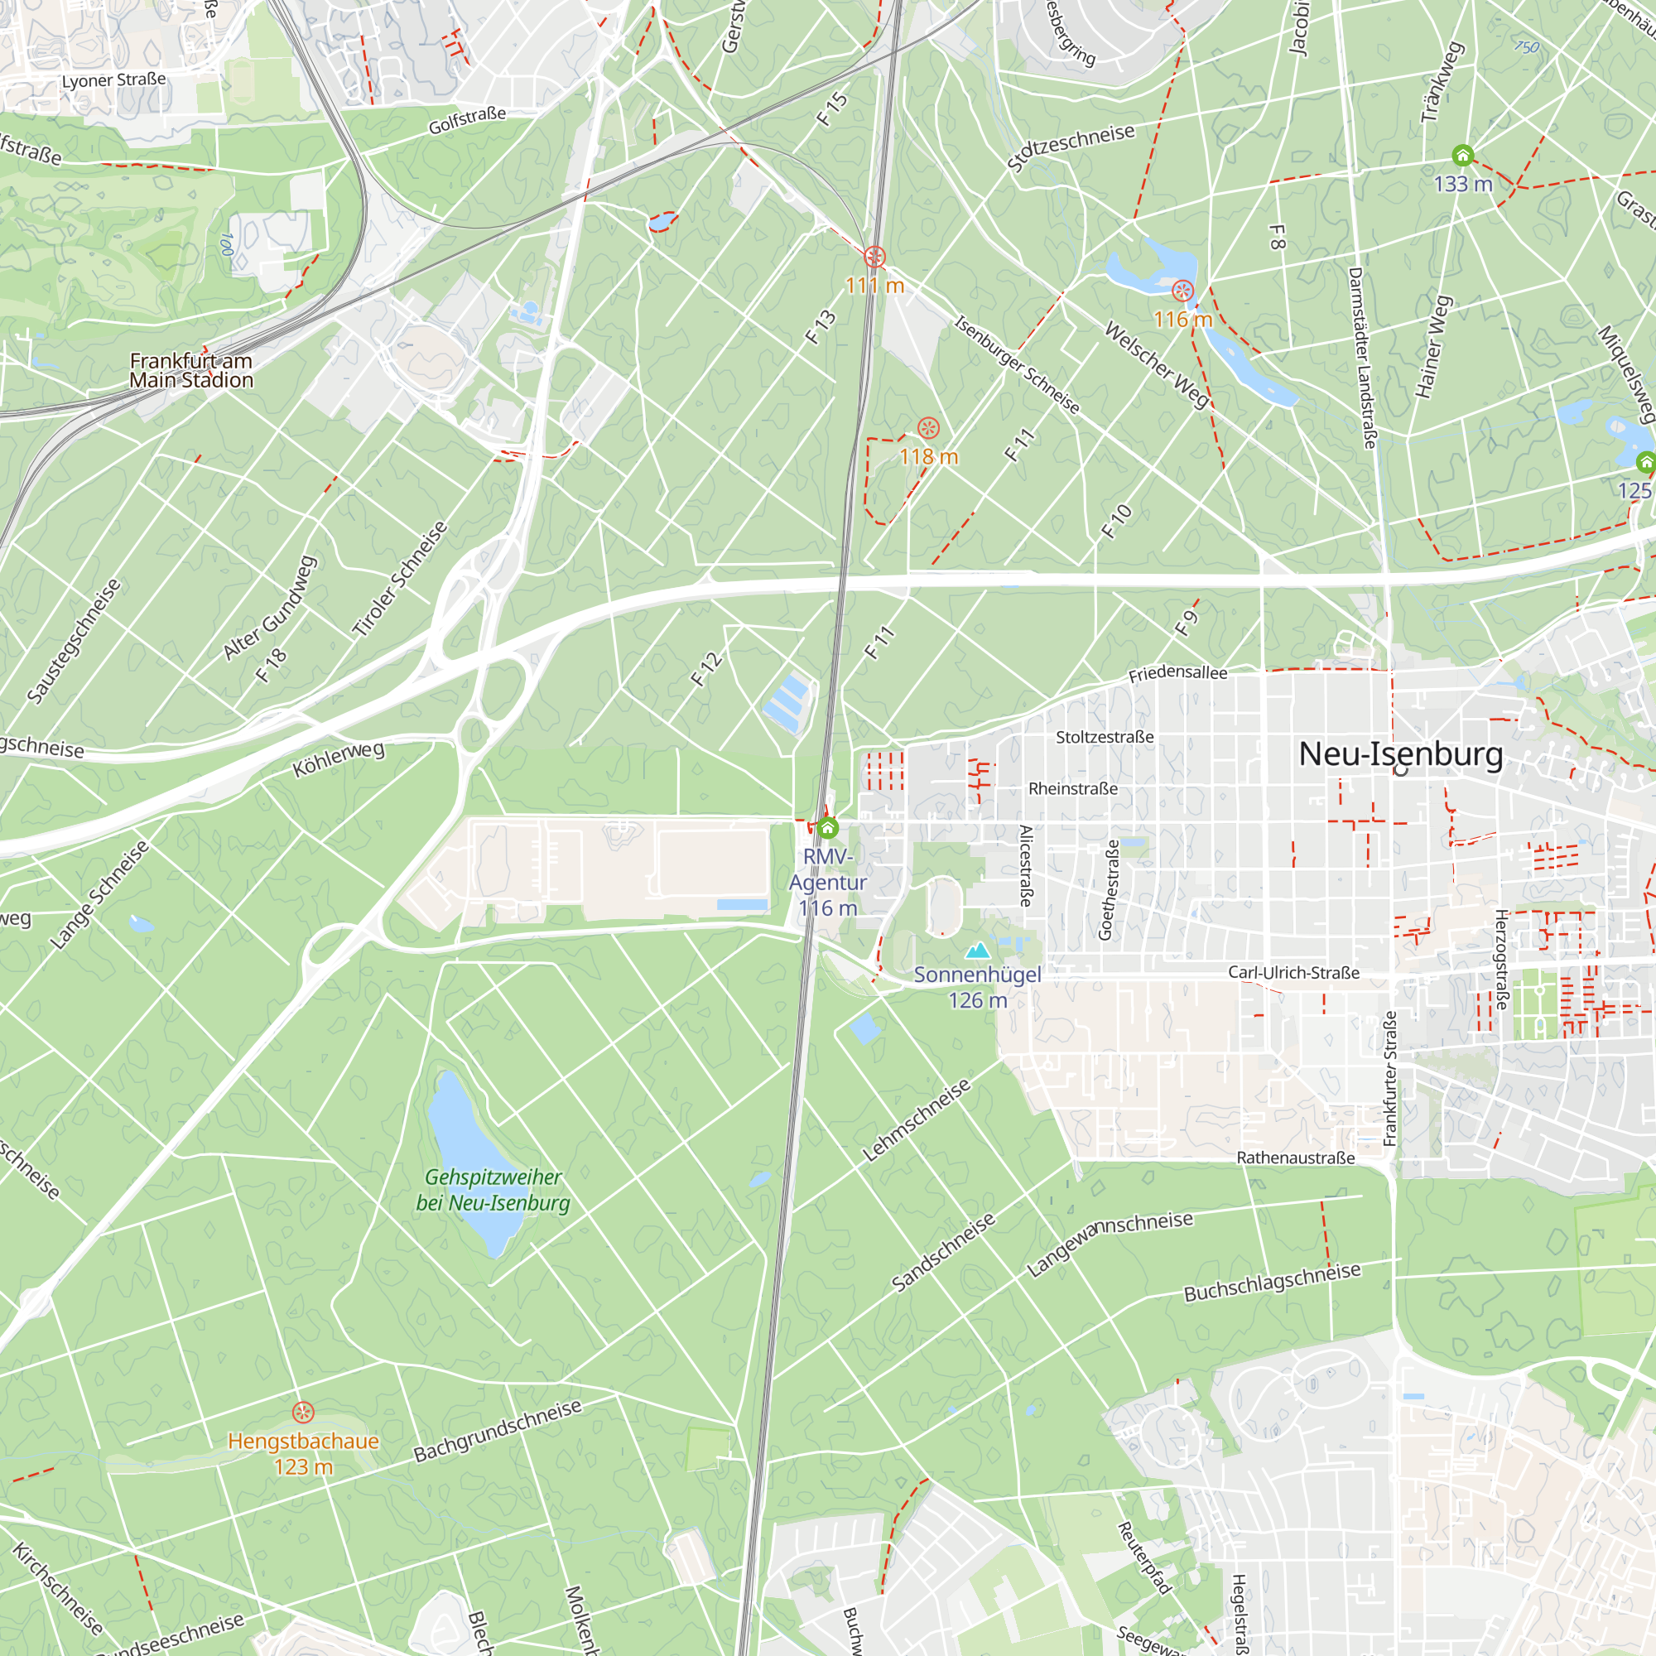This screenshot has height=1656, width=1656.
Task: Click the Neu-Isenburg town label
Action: coord(1401,754)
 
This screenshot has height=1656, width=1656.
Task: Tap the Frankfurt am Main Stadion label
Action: coord(191,370)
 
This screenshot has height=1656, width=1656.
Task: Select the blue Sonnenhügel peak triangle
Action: coord(977,951)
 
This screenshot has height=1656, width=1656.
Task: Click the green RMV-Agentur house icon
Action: coord(827,828)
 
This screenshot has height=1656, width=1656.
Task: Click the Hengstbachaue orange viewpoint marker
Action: coord(302,1412)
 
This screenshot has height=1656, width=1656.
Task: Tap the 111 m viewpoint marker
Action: coord(874,257)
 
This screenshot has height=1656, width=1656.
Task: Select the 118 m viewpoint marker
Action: coord(928,428)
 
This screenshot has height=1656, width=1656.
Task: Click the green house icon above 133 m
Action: coord(1462,155)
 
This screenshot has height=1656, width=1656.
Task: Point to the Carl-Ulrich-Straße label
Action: coord(1293,973)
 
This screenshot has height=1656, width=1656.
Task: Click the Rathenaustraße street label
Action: coord(1295,1158)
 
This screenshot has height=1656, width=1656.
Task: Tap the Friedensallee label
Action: coord(1177,674)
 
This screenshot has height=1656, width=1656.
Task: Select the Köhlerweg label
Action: coord(339,759)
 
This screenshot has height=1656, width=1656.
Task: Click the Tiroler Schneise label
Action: coord(400,580)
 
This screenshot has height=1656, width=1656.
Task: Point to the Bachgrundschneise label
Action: coord(497,1432)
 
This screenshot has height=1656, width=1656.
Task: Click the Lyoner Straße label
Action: coord(114,80)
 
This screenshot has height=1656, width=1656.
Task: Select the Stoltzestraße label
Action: coord(1104,737)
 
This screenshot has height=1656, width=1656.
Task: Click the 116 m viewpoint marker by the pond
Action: coord(1183,291)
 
